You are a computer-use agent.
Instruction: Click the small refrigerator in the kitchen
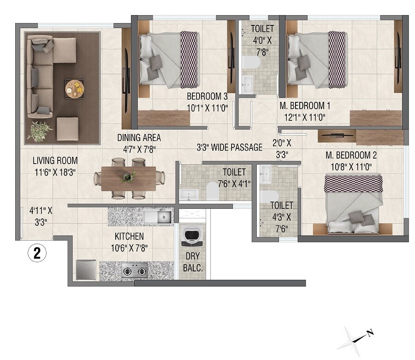(x=86, y=270)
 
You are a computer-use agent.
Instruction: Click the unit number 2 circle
(x=36, y=253)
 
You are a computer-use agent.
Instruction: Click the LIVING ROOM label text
(x=55, y=161)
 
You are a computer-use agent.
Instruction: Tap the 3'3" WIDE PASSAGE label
(x=229, y=148)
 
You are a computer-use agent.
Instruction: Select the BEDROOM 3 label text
(x=207, y=97)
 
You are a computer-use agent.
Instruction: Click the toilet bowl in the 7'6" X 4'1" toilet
(x=212, y=190)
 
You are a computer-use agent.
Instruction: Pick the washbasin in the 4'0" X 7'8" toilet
(x=247, y=84)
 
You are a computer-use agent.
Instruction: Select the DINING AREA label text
(x=139, y=138)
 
